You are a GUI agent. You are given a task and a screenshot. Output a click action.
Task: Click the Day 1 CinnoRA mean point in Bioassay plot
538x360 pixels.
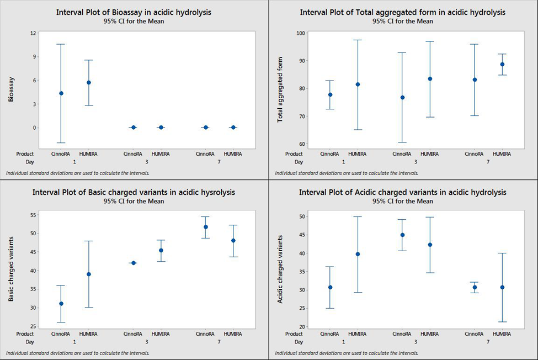click(61, 93)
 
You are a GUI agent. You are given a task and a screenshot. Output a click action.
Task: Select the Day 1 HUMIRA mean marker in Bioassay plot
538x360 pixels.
click(89, 82)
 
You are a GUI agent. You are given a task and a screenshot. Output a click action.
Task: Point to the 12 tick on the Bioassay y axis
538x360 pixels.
click(33, 33)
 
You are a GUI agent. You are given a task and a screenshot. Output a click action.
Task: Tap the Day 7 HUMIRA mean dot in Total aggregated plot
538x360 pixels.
click(502, 64)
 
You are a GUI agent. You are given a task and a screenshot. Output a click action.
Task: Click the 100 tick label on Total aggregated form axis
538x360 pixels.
click(301, 33)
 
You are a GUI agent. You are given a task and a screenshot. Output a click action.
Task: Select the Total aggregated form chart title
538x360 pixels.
click(403, 12)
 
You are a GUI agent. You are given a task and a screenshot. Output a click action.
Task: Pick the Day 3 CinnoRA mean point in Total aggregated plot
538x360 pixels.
click(402, 97)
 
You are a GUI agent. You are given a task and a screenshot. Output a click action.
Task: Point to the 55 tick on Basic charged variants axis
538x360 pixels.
click(33, 214)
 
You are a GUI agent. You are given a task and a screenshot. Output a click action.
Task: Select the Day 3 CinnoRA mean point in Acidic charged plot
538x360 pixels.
click(402, 235)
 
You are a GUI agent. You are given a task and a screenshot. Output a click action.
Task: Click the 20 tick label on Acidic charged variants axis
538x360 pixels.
click(301, 327)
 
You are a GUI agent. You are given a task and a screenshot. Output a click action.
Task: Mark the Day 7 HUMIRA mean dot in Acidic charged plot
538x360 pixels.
click(502, 287)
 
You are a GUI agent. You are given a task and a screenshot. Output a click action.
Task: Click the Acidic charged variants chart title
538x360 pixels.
click(402, 193)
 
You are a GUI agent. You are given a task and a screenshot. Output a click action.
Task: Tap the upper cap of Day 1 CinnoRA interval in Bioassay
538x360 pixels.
click(61, 44)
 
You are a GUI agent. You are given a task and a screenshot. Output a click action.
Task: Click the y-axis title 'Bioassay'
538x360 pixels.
click(12, 89)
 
